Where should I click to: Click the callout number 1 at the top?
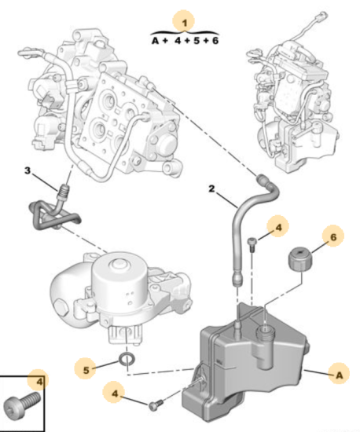[185, 23]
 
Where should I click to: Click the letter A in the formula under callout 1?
[156, 41]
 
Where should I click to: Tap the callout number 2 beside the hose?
[211, 189]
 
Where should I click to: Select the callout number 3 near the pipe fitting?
[28, 170]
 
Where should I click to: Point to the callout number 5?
[86, 370]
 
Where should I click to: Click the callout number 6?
[333, 236]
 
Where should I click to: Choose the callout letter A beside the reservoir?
[340, 375]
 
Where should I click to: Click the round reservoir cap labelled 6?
[300, 258]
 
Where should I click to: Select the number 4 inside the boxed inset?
[40, 382]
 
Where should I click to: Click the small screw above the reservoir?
[252, 244]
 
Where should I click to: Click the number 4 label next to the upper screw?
[278, 227]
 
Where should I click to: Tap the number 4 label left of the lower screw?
[115, 394]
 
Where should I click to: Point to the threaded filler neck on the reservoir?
[266, 332]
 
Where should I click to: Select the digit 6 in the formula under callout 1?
[215, 41]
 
